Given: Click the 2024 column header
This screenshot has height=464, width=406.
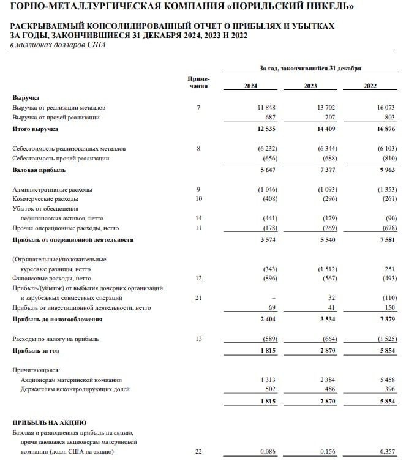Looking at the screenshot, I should [x=250, y=86].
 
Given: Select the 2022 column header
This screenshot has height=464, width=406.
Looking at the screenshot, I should [x=370, y=86].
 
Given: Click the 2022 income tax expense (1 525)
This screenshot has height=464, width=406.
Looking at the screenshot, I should [x=384, y=339].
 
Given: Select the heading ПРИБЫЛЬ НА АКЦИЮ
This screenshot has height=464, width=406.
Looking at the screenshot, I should [x=50, y=422].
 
